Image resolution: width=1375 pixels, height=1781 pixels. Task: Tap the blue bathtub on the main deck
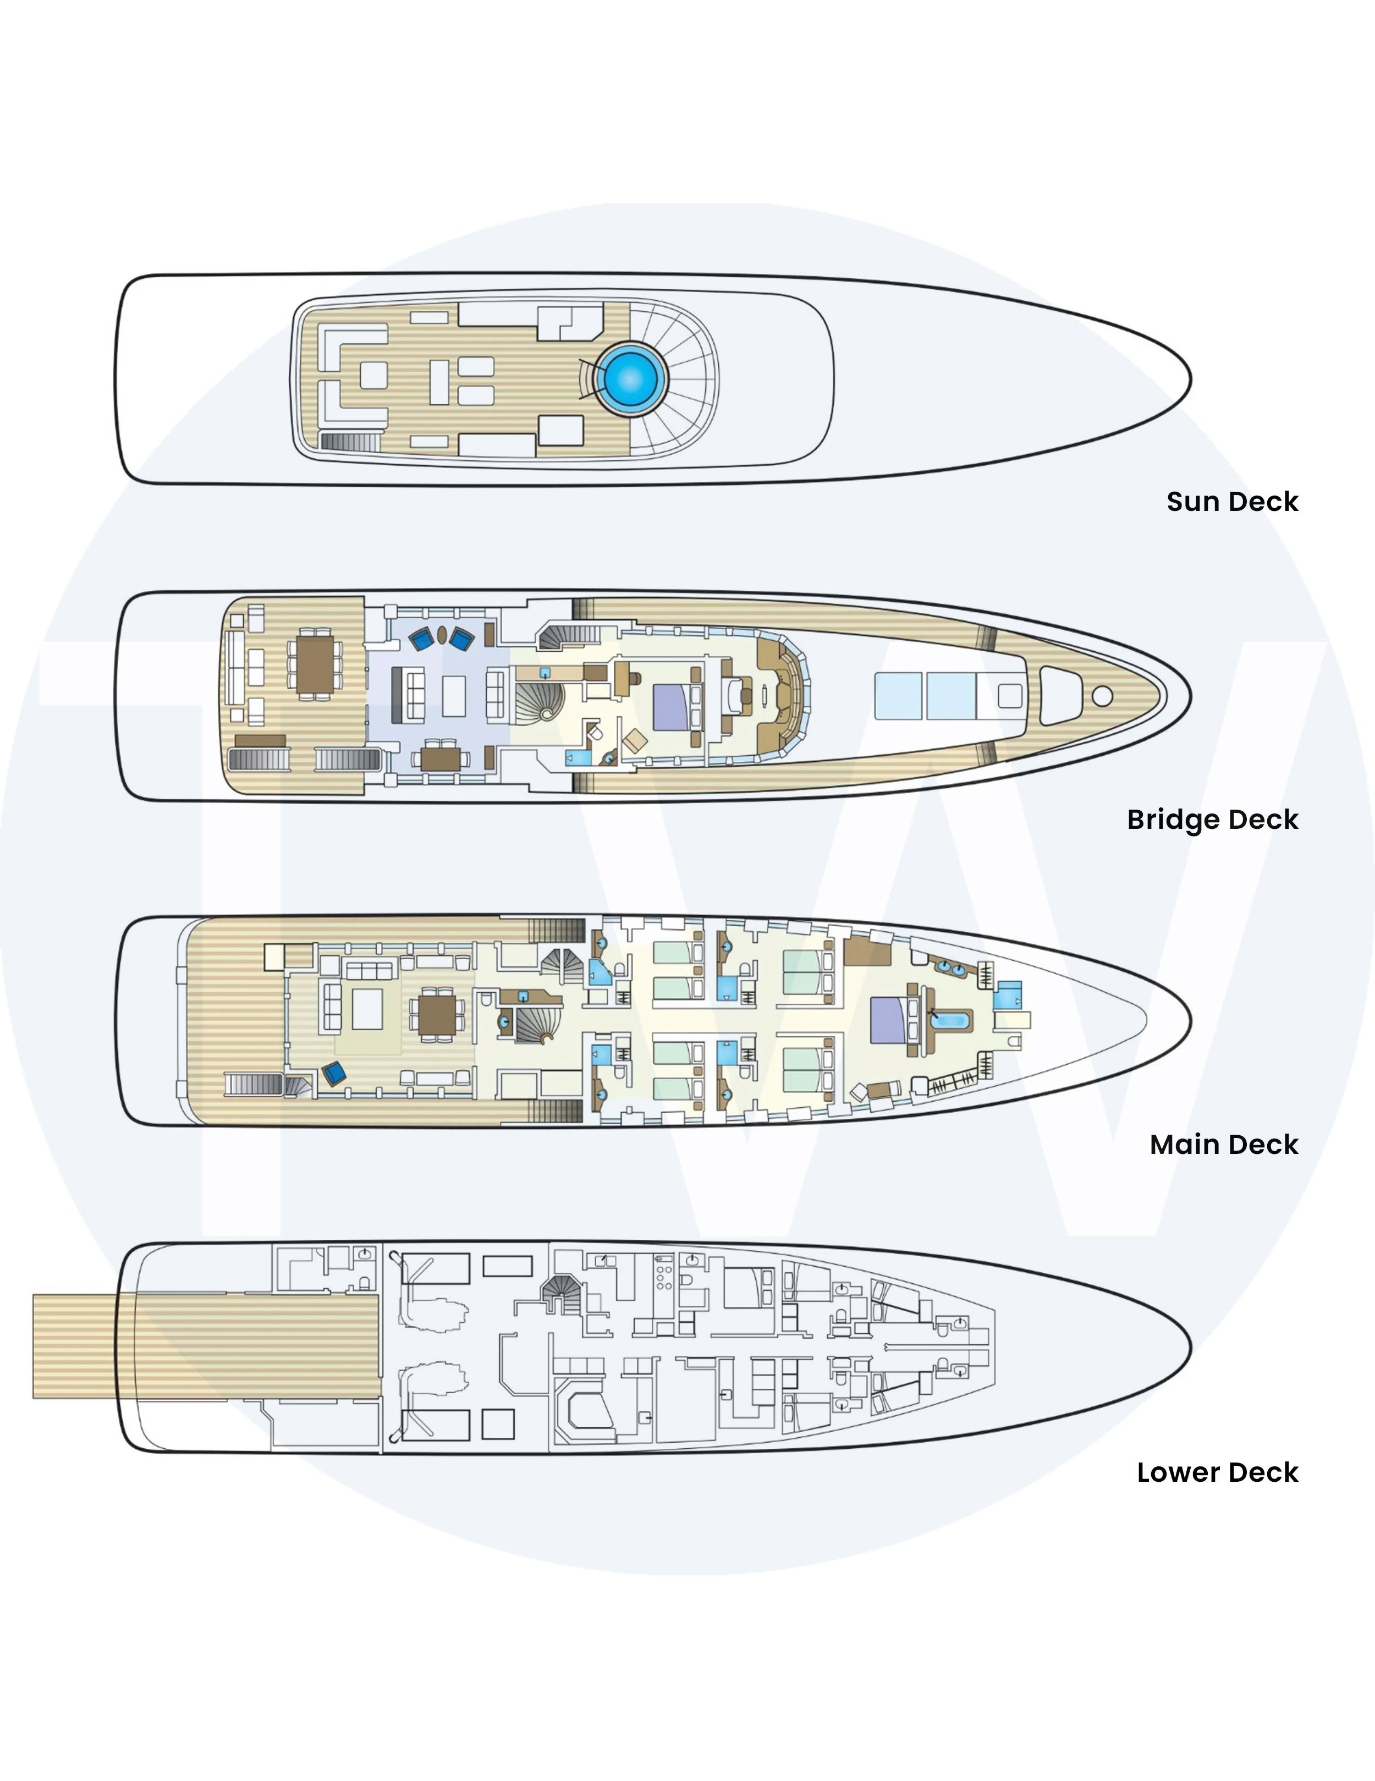(x=952, y=1019)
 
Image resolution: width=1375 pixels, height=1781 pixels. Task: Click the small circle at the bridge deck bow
(x=1102, y=696)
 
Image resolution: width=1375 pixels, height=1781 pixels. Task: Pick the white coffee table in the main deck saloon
(x=367, y=1009)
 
